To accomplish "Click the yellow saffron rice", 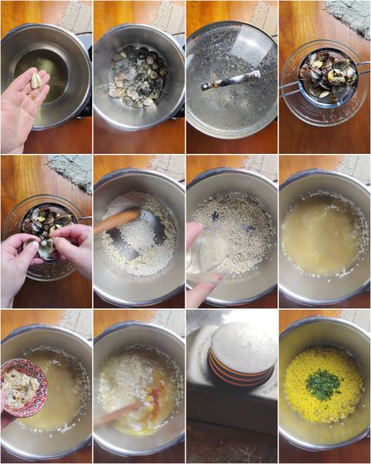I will [x=323, y=387].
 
